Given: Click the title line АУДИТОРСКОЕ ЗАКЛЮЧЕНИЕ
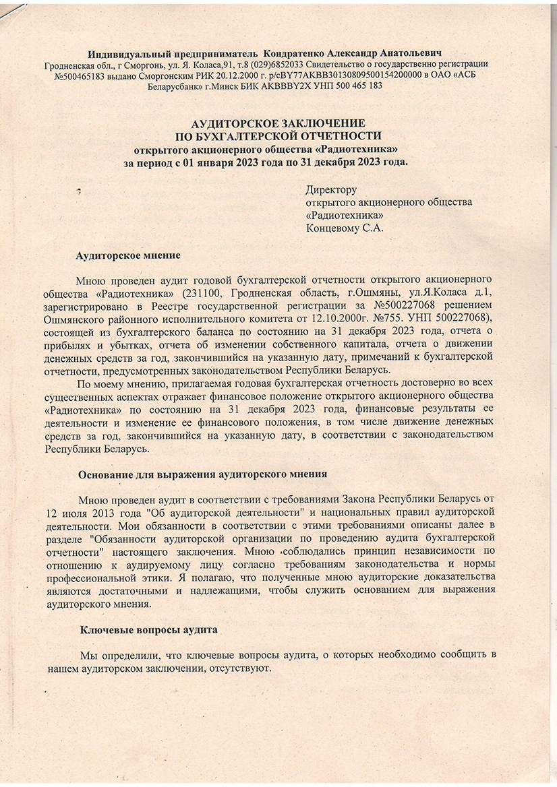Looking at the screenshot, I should [x=278, y=124].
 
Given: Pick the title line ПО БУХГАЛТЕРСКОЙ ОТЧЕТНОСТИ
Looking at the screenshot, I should [x=278, y=136].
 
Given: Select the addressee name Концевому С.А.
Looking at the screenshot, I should [x=345, y=228].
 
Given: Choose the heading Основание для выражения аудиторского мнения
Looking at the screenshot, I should [x=202, y=474].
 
